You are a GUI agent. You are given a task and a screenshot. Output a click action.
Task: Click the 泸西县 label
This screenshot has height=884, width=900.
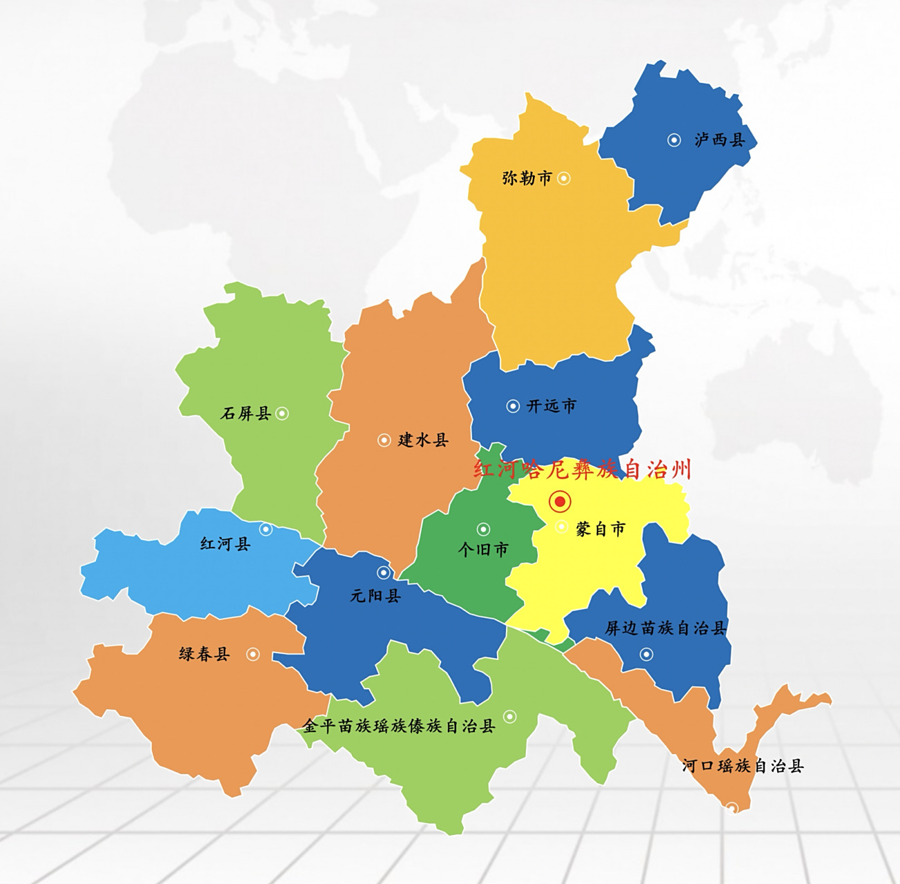click(x=720, y=140)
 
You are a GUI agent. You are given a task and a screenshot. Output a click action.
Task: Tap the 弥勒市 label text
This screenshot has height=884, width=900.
click(x=527, y=178)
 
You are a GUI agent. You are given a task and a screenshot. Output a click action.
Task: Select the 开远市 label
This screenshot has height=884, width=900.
click(x=551, y=406)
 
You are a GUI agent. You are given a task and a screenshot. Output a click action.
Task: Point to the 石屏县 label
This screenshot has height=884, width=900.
click(x=246, y=414)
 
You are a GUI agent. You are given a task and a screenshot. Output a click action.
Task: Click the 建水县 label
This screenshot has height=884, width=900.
click(x=423, y=440)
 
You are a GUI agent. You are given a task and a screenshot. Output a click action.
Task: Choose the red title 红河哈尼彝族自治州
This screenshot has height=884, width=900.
click(x=582, y=470)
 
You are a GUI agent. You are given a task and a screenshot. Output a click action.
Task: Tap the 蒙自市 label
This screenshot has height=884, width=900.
click(x=600, y=530)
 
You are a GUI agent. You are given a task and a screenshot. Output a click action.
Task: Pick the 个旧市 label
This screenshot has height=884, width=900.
click(x=483, y=550)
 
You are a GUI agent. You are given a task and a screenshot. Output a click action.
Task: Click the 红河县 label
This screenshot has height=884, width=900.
click(x=226, y=544)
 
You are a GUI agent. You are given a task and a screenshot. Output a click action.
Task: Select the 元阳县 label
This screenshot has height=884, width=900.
click(x=375, y=595)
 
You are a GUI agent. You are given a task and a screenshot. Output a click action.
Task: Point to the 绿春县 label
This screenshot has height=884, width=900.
click(x=204, y=654)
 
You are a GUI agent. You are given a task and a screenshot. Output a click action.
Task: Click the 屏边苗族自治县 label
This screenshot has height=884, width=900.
click(x=666, y=628)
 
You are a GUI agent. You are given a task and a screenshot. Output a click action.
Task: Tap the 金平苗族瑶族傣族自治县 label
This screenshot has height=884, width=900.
click(x=399, y=726)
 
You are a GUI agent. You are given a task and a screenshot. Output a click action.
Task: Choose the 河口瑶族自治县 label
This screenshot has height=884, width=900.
click(x=743, y=766)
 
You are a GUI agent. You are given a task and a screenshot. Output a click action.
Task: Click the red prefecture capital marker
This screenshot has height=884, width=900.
click(x=560, y=501)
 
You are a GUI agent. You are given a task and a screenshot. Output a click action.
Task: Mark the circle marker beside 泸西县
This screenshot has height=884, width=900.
click(x=674, y=140)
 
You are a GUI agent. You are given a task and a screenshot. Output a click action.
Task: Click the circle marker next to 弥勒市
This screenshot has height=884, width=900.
click(x=564, y=178)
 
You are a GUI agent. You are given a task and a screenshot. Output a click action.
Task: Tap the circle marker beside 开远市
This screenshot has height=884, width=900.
click(x=513, y=406)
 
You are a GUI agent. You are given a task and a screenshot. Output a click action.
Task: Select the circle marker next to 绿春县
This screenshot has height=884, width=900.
click(x=253, y=654)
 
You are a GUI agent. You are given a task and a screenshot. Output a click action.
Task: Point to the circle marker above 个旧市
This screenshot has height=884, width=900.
click(x=483, y=530)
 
